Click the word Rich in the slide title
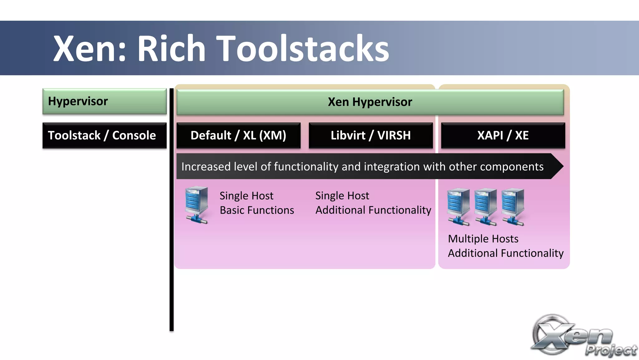click(171, 48)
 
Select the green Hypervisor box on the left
click(105, 101)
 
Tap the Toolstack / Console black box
click(105, 136)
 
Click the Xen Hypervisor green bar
click(370, 102)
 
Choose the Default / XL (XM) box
click(238, 136)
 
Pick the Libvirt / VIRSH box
click(371, 136)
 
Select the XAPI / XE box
click(503, 136)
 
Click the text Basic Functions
click(257, 210)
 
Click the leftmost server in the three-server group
click(458, 206)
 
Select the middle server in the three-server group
click(485, 206)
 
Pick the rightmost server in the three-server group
click(512, 206)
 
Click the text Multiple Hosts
click(483, 239)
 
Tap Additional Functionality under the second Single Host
click(373, 210)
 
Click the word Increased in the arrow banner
click(206, 167)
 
